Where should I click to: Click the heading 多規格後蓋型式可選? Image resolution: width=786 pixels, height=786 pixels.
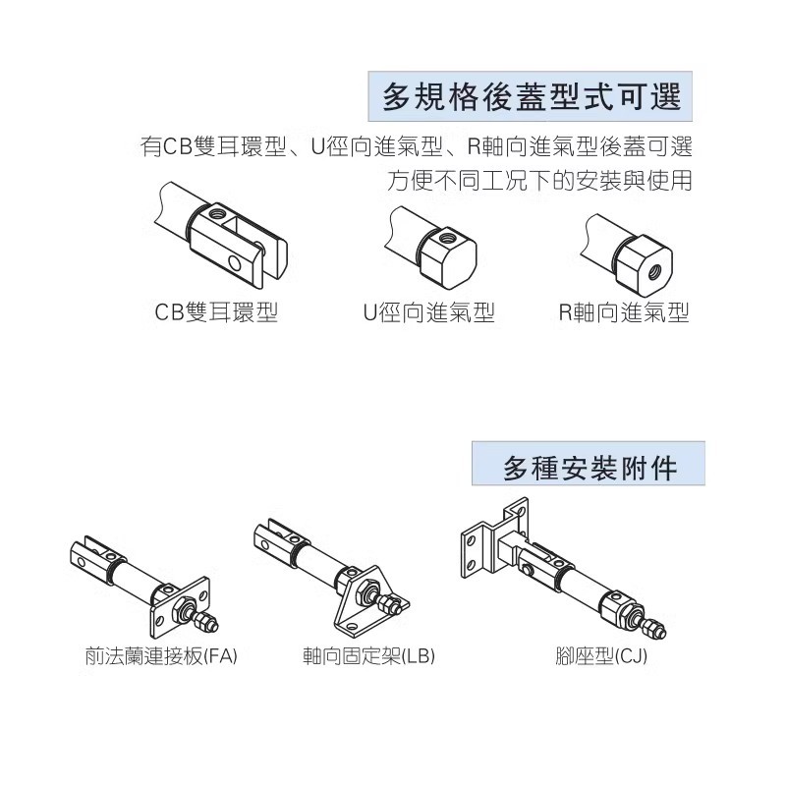(531, 99)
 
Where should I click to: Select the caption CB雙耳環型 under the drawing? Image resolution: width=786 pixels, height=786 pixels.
(217, 312)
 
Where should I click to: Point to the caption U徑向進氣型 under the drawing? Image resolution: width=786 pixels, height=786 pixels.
(428, 312)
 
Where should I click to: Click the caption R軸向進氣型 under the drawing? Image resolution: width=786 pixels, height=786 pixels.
(624, 312)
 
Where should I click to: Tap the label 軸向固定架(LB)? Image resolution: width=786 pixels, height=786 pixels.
(368, 655)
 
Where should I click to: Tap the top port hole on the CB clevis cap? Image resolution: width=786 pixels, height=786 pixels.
(218, 210)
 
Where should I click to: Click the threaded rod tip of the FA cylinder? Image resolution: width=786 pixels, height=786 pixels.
(207, 623)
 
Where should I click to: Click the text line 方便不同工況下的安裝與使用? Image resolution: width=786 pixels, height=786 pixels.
(540, 182)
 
